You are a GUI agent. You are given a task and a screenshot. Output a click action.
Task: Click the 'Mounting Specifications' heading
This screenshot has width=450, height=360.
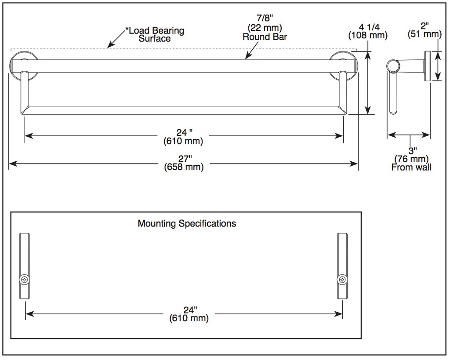tap(187, 223)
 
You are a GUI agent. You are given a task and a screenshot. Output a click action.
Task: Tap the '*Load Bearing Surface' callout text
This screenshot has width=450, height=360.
tap(155, 34)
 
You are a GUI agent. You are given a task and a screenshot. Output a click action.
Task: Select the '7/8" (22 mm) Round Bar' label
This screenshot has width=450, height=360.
tap(265, 28)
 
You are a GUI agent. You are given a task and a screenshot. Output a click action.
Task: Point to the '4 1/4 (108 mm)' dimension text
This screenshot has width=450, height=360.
tap(368, 31)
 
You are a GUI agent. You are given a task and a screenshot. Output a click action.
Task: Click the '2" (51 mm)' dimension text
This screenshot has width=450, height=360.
tap(425, 30)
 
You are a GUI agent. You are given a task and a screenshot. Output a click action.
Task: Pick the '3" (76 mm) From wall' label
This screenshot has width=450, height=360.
tap(411, 159)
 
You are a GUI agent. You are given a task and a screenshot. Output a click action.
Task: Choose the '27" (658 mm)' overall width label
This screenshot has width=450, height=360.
tap(184, 163)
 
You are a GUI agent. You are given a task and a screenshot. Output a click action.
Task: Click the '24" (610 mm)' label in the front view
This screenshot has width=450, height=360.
tap(184, 137)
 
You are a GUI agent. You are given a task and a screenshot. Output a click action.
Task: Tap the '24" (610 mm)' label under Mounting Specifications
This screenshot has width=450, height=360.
tap(189, 314)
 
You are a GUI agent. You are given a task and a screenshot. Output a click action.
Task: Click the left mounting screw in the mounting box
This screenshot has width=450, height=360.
tap(25, 280)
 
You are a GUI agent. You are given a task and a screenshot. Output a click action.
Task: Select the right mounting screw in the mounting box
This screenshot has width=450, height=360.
tap(342, 279)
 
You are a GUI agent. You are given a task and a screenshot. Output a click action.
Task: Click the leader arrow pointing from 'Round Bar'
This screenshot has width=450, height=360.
tap(252, 50)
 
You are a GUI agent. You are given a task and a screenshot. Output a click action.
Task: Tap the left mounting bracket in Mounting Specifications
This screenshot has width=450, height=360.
tap(25, 266)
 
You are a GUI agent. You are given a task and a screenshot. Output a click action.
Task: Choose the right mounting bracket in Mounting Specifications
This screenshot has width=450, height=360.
tap(342, 266)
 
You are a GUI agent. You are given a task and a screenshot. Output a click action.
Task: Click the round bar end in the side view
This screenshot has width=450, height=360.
tap(393, 66)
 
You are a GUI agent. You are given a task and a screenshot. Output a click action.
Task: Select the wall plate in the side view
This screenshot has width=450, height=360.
tap(427, 66)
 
